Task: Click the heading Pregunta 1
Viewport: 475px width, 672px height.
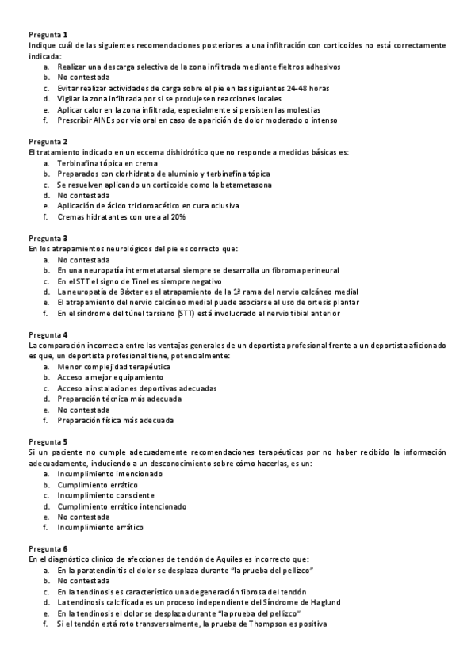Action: tap(48, 35)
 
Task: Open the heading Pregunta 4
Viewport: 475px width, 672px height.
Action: tap(48, 334)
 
